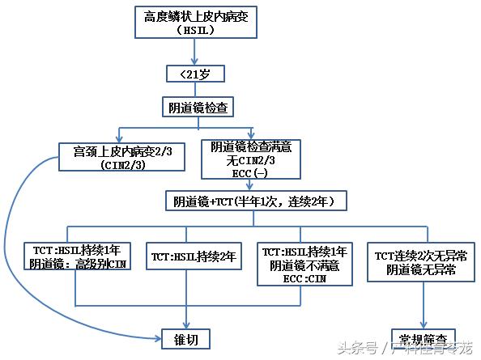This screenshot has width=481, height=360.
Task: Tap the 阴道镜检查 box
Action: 194,107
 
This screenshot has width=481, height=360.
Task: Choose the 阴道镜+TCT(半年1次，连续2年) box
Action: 260,201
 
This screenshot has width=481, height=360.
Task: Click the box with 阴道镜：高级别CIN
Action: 78,257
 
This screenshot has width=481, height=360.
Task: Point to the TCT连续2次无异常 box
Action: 419,263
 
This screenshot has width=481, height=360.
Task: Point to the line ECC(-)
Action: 251,172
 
